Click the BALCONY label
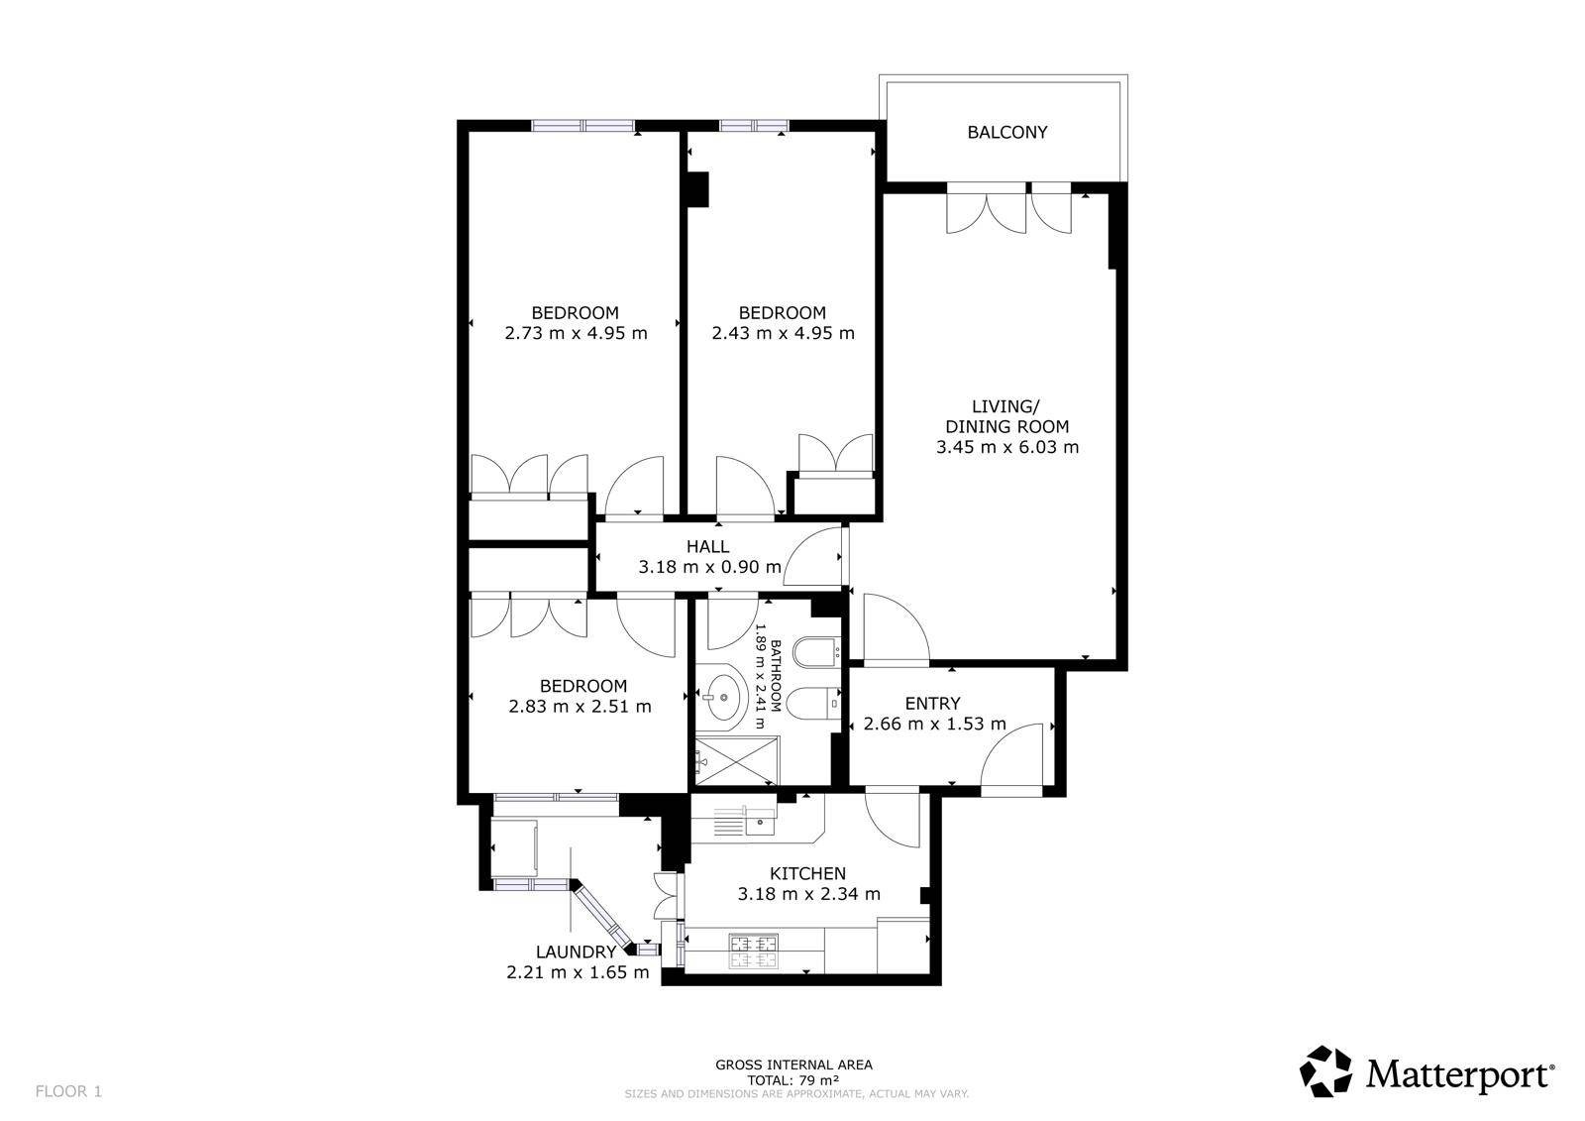(x=1006, y=133)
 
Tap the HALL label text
(x=707, y=547)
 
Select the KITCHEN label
(x=808, y=874)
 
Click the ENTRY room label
(x=932, y=703)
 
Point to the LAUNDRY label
(x=576, y=953)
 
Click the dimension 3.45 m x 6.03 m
(x=1006, y=448)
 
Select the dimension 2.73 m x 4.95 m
(x=576, y=334)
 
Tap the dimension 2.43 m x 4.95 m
(x=783, y=334)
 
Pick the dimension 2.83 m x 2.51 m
(x=580, y=707)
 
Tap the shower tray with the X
(x=737, y=761)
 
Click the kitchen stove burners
(x=753, y=952)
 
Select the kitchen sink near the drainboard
(x=759, y=822)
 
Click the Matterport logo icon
(x=1325, y=1071)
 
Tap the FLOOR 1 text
(x=68, y=1091)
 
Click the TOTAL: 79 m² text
(x=793, y=1080)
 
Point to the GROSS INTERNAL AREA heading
(x=793, y=1065)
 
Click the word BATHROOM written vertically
(x=776, y=676)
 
